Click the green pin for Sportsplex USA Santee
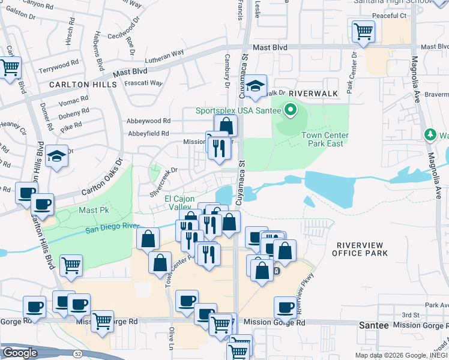[291, 109]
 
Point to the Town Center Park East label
[326, 140]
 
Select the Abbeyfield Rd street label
[148, 133]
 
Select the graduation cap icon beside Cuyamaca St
[255, 86]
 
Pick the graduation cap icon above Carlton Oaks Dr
[57, 156]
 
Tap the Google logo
[20, 353]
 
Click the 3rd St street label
[410, 314]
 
